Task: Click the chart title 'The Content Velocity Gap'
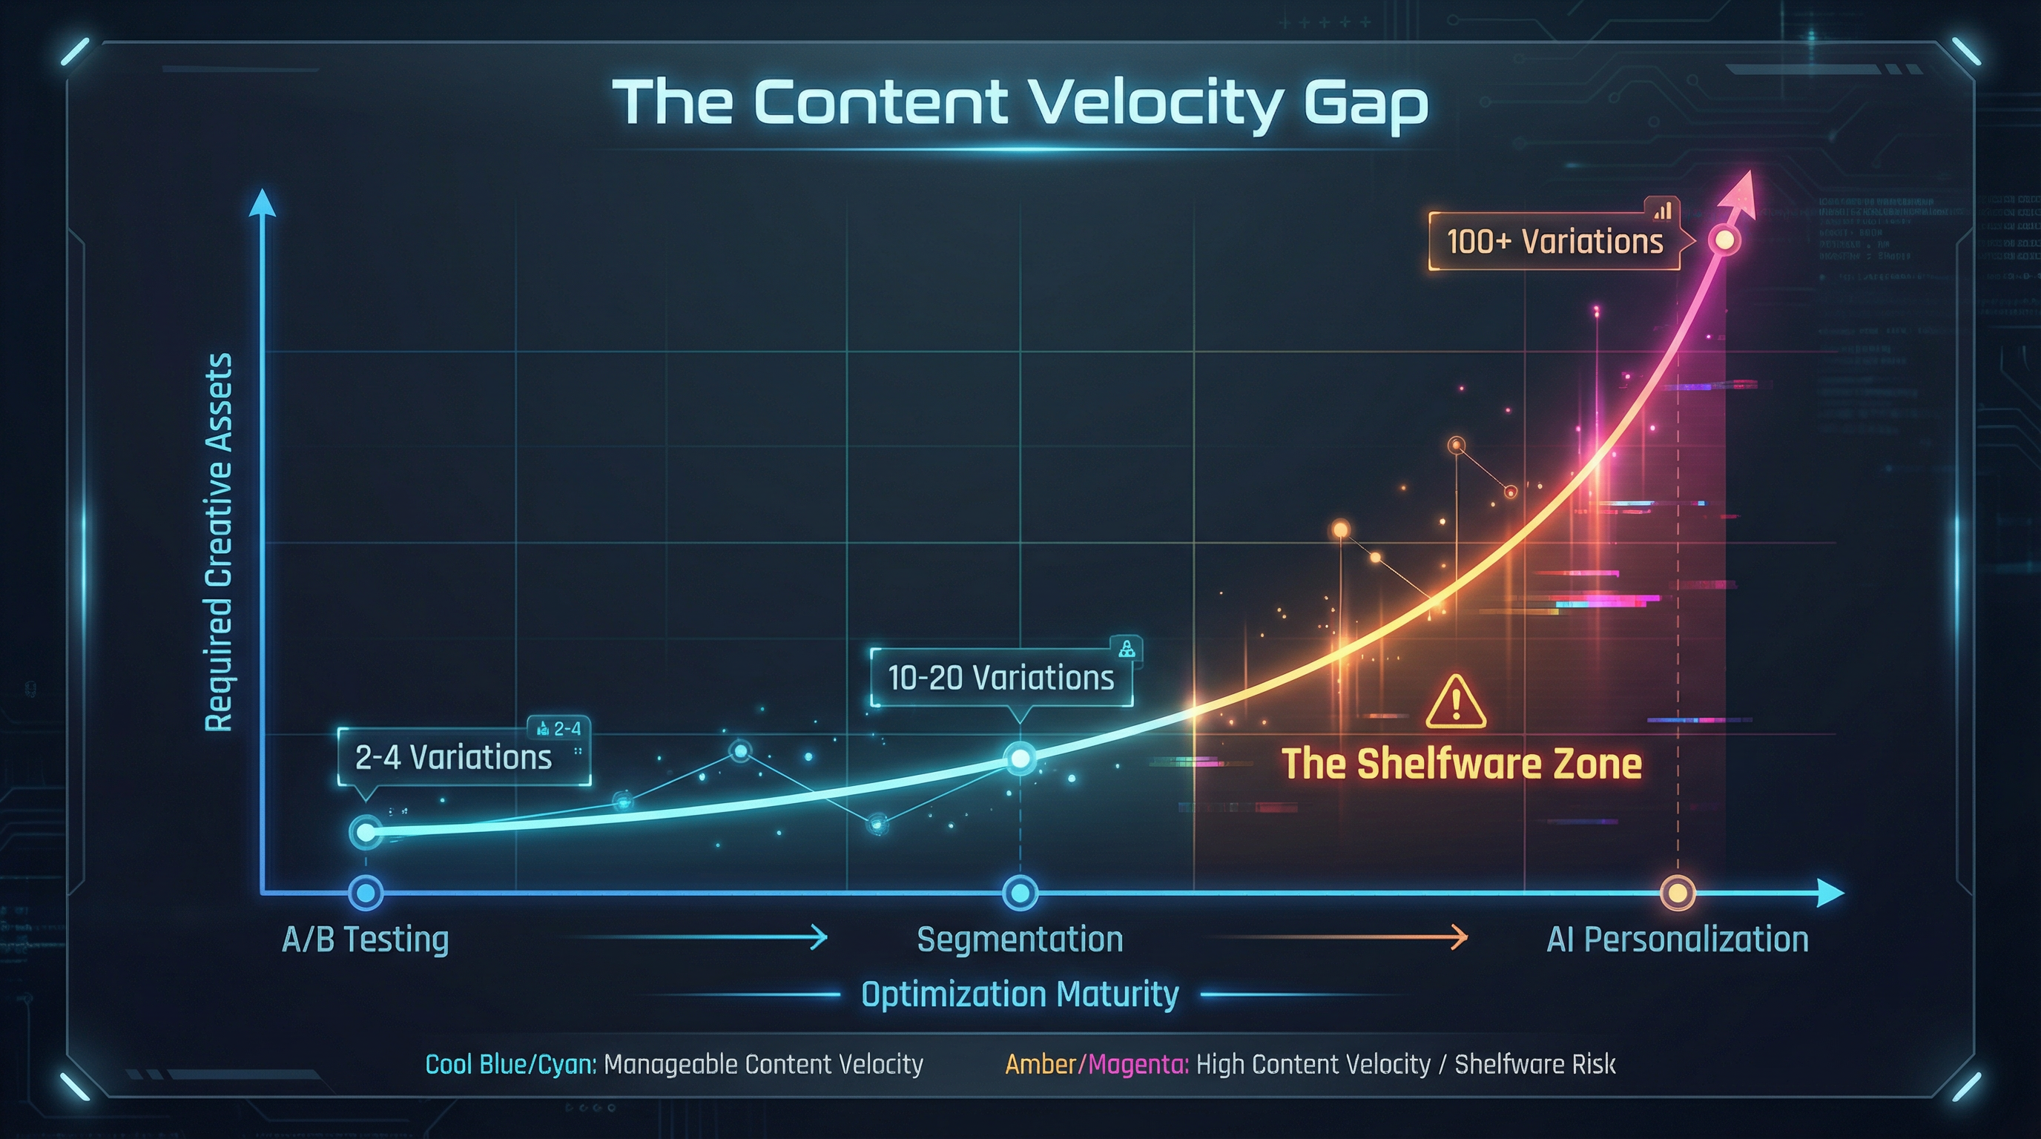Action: [1020, 104]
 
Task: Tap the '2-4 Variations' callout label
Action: [453, 758]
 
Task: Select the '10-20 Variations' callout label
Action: [1000, 678]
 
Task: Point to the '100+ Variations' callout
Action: [1554, 242]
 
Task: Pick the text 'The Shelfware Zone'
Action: [1462, 764]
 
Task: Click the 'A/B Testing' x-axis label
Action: [365, 940]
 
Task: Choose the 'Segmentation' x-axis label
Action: [1020, 940]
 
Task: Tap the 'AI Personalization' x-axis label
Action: [1678, 940]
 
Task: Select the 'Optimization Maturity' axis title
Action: [1020, 994]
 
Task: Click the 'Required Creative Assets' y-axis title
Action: [219, 543]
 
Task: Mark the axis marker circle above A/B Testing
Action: [365, 894]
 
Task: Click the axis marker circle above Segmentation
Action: [1020, 894]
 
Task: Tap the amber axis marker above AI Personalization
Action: [1678, 894]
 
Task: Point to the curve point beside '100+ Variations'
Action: [1724, 240]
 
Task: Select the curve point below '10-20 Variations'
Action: [1020, 759]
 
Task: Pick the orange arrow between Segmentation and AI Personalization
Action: [1339, 938]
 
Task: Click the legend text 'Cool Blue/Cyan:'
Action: [511, 1065]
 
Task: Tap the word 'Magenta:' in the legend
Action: [1138, 1065]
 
